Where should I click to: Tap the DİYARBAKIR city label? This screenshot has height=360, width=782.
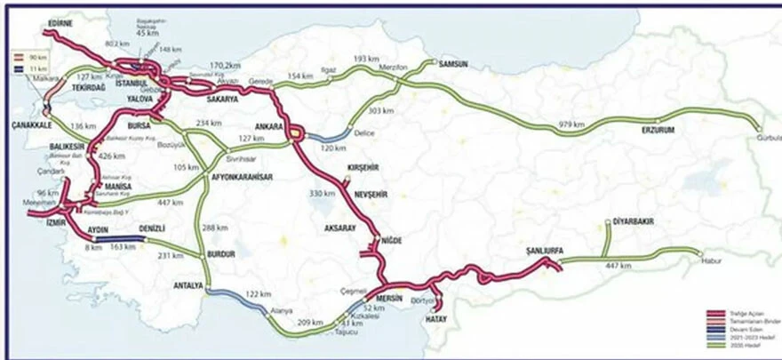[x=633, y=221]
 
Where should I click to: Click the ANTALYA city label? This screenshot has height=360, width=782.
[x=188, y=286]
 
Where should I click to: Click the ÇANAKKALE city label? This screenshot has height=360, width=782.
[x=28, y=124]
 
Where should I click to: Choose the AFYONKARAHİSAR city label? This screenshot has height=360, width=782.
[x=241, y=177]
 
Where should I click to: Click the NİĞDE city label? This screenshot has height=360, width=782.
[x=392, y=240]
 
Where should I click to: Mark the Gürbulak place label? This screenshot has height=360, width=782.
[x=768, y=138]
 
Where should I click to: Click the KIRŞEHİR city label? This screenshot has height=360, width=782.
[x=362, y=167]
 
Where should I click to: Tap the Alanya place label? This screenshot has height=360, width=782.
[x=283, y=311]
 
